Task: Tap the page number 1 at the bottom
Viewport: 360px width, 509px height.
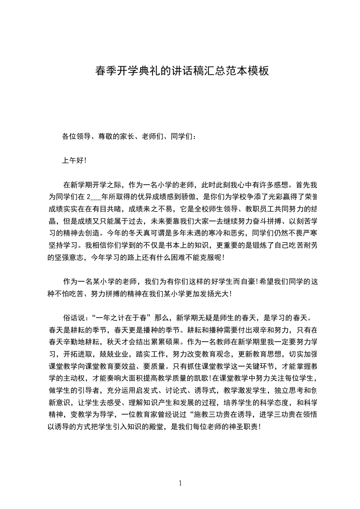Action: click(180, 483)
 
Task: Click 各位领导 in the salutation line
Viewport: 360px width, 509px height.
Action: click(76, 136)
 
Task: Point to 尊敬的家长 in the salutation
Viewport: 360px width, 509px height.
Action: click(113, 136)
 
